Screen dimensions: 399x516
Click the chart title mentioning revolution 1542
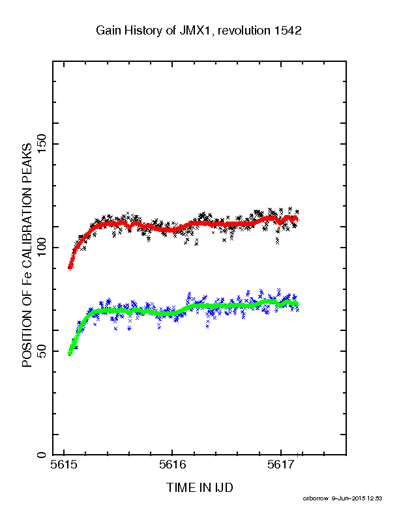(198, 31)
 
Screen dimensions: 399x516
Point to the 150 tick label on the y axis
(42, 143)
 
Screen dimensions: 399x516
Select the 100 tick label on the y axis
(42, 248)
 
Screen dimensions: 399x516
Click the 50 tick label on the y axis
(42, 351)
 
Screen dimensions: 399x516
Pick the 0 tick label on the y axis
(42, 455)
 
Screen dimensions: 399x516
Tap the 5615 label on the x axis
(64, 465)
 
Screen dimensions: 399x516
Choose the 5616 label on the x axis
(172, 465)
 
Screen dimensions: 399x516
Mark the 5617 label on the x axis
(280, 465)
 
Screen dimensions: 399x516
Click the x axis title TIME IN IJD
(199, 487)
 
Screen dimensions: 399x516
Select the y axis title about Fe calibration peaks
(27, 255)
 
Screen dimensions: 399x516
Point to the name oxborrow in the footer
(316, 498)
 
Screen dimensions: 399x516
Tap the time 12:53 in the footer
(375, 498)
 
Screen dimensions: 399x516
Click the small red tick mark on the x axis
(297, 455)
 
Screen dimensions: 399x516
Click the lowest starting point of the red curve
(70, 268)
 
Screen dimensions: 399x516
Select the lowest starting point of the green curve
(70, 353)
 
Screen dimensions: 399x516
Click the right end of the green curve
(297, 304)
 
